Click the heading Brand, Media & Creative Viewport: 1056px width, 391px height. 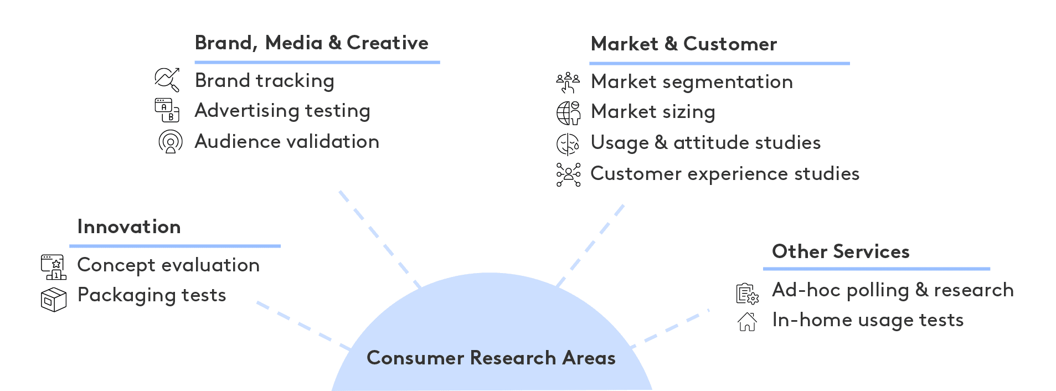[x=311, y=43]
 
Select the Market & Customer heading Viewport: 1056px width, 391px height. [x=684, y=44]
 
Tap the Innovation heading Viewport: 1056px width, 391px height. [x=129, y=227]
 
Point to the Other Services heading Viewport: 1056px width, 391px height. [x=841, y=251]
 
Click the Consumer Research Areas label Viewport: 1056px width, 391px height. [x=491, y=358]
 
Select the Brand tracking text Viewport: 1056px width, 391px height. [x=265, y=81]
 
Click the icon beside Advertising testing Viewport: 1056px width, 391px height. [x=167, y=110]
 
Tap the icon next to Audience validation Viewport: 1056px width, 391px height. [x=171, y=142]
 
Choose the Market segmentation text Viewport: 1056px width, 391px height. [x=692, y=82]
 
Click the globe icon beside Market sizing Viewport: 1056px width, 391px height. [x=569, y=113]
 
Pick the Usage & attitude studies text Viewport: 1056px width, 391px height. [x=705, y=143]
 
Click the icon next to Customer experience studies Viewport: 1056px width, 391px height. [x=569, y=174]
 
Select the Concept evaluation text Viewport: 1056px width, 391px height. [x=168, y=265]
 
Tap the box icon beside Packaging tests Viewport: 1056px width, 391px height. [x=54, y=300]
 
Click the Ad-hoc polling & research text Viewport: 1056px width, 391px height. [x=893, y=290]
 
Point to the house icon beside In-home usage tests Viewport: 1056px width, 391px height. [x=748, y=321]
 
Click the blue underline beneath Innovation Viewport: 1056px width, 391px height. [x=175, y=246]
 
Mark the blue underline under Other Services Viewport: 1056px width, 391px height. [x=877, y=269]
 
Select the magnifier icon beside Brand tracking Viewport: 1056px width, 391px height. [x=167, y=80]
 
